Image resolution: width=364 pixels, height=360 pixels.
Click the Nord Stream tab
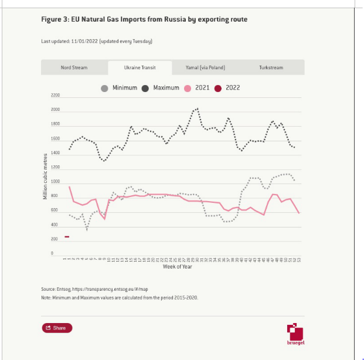74,67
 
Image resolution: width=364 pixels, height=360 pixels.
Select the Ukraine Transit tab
140,67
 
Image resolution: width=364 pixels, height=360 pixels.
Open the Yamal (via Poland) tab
205,67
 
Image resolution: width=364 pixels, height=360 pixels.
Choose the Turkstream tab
271,67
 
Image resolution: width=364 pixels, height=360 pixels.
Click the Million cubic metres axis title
45,175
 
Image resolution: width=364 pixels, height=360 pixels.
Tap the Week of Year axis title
177,267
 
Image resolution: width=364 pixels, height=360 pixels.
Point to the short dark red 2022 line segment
67,237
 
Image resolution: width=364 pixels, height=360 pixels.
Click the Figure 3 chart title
144,19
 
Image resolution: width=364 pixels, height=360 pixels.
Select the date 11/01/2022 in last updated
86,42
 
